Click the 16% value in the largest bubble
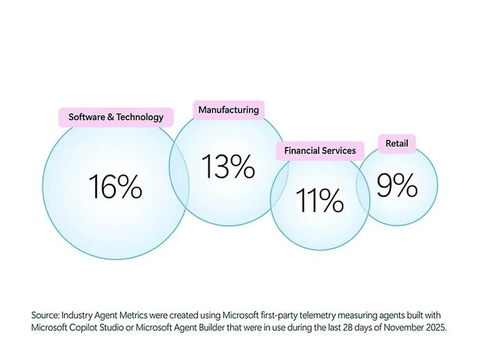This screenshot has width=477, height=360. [115, 186]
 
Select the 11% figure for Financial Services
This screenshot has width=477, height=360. [320, 201]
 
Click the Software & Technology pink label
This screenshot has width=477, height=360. [116, 117]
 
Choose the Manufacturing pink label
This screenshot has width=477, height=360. [228, 110]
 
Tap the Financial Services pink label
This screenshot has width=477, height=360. [320, 151]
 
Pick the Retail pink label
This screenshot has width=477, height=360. [396, 143]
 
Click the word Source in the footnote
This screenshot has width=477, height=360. [45, 316]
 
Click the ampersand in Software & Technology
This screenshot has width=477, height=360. [111, 117]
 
